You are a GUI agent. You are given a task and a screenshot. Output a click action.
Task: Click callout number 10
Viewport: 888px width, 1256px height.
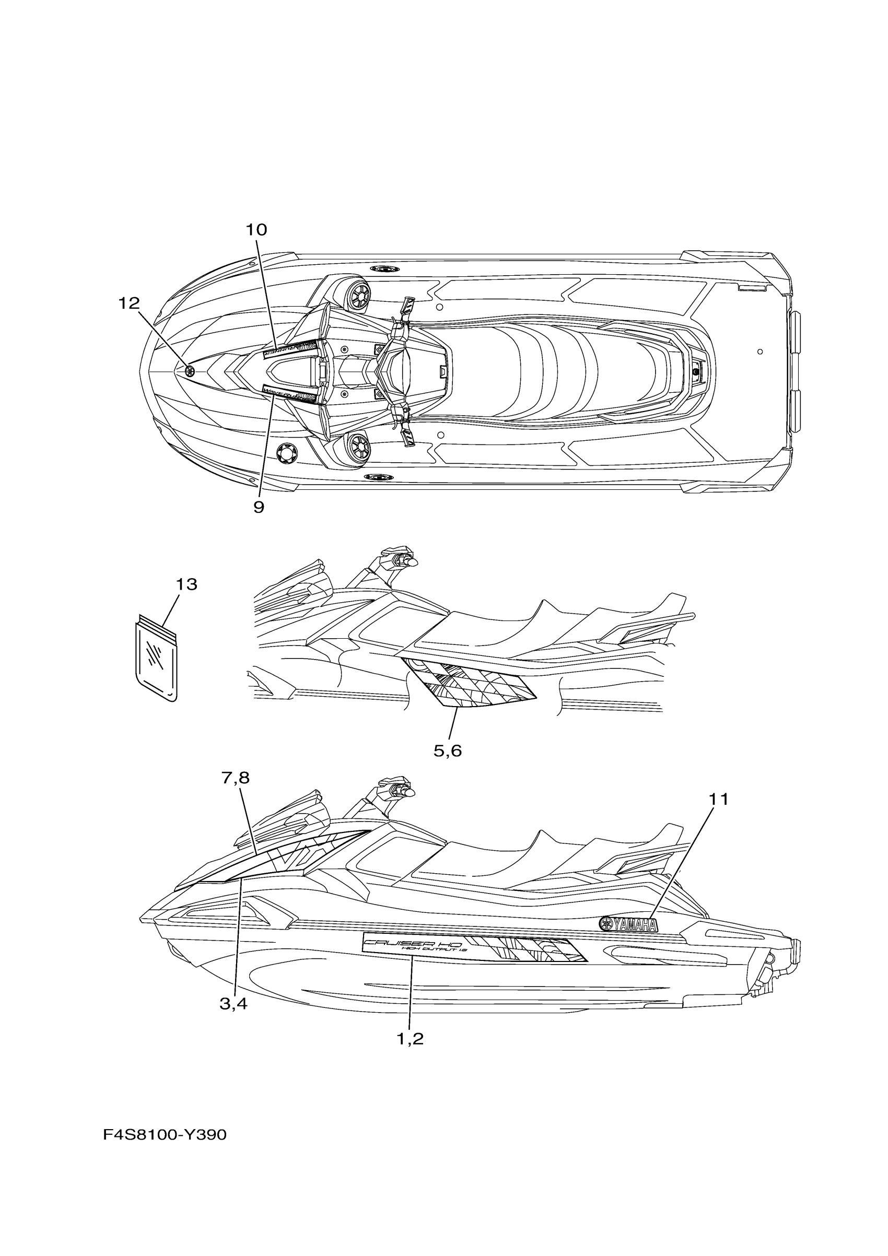click(256, 230)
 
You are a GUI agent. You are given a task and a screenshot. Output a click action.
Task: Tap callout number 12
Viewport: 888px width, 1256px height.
click(129, 303)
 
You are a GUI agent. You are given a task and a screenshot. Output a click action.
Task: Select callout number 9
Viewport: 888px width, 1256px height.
click(259, 508)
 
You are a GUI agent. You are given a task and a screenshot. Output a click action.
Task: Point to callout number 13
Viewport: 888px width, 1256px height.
click(186, 585)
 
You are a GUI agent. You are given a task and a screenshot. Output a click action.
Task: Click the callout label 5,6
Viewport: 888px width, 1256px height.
click(448, 751)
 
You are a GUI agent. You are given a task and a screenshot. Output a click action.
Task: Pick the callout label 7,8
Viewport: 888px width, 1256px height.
click(236, 778)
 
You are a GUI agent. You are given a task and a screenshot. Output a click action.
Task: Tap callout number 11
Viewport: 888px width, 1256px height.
click(719, 800)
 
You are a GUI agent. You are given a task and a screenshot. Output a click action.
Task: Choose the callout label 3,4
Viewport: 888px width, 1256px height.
click(233, 1004)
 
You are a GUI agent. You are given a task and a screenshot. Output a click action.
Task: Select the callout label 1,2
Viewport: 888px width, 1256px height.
click(411, 1039)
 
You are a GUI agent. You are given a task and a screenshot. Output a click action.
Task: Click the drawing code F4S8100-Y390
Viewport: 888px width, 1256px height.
click(165, 1135)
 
